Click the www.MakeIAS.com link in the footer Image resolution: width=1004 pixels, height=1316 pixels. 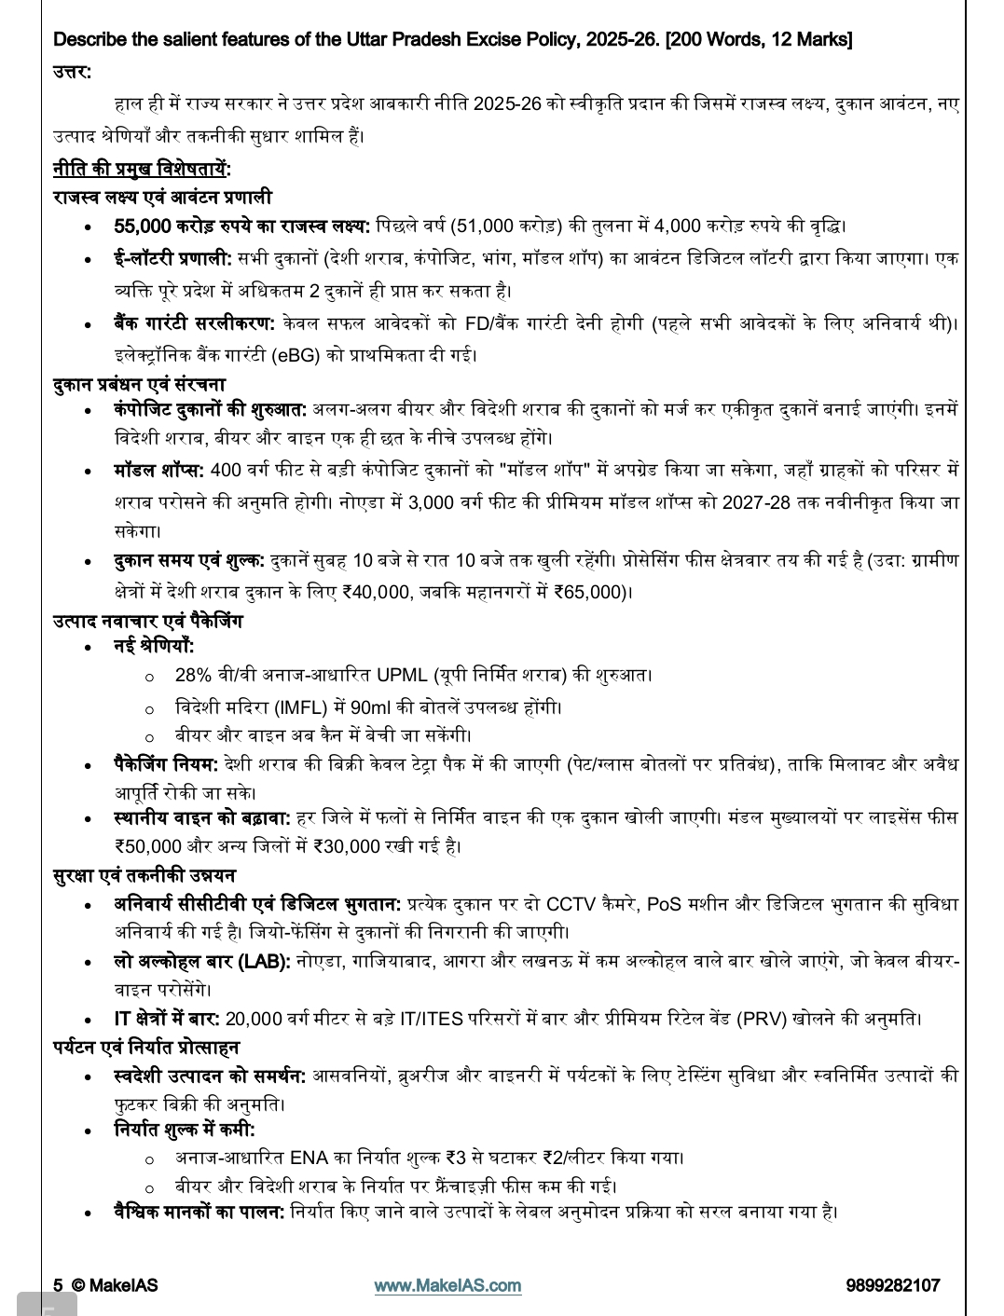447,1285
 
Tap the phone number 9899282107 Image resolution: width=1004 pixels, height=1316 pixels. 892,1285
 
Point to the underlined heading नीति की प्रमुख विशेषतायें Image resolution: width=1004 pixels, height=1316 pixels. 142,169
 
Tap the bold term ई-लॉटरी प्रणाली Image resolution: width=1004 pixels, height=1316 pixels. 172,258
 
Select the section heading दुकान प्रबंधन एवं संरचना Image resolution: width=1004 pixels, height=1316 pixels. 139,384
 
